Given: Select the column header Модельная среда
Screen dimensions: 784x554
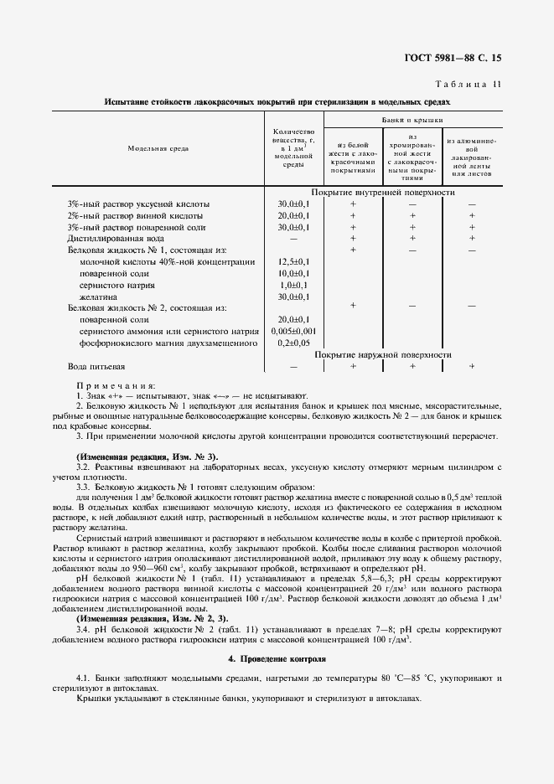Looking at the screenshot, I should (158, 148).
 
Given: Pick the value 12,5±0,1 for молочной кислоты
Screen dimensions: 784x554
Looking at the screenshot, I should (293, 261).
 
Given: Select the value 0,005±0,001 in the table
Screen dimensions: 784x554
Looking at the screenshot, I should (293, 332).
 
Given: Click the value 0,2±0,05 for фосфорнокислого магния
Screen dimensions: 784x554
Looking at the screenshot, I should (293, 343).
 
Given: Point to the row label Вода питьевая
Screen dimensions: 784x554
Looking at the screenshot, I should (96, 367).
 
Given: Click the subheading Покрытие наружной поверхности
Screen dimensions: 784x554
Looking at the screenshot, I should (383, 355).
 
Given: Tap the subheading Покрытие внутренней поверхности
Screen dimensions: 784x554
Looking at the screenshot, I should (383, 193).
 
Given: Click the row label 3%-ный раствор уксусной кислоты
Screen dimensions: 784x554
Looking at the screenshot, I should (138, 204).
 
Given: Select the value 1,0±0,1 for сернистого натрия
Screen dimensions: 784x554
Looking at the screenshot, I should (293, 285).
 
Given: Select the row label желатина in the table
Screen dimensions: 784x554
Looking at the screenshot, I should (99, 297).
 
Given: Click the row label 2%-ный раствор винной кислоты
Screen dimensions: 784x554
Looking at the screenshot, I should (134, 215).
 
